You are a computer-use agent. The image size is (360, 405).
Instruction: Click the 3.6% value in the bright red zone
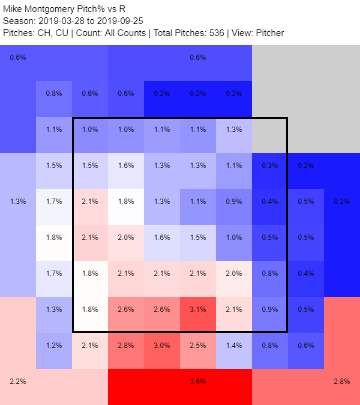tap(197, 381)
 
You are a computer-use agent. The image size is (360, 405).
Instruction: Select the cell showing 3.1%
tap(197, 309)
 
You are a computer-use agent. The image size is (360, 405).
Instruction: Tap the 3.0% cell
tap(161, 345)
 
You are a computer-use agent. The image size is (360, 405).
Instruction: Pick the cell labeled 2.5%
tap(197, 345)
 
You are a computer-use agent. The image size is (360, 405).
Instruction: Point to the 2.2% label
tap(18, 381)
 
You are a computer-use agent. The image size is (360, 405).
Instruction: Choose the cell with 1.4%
tap(233, 345)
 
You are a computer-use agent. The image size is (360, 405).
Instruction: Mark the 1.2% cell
tap(53, 345)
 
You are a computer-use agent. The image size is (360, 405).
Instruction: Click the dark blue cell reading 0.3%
tap(269, 165)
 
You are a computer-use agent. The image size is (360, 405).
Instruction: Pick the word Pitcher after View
tap(268, 32)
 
